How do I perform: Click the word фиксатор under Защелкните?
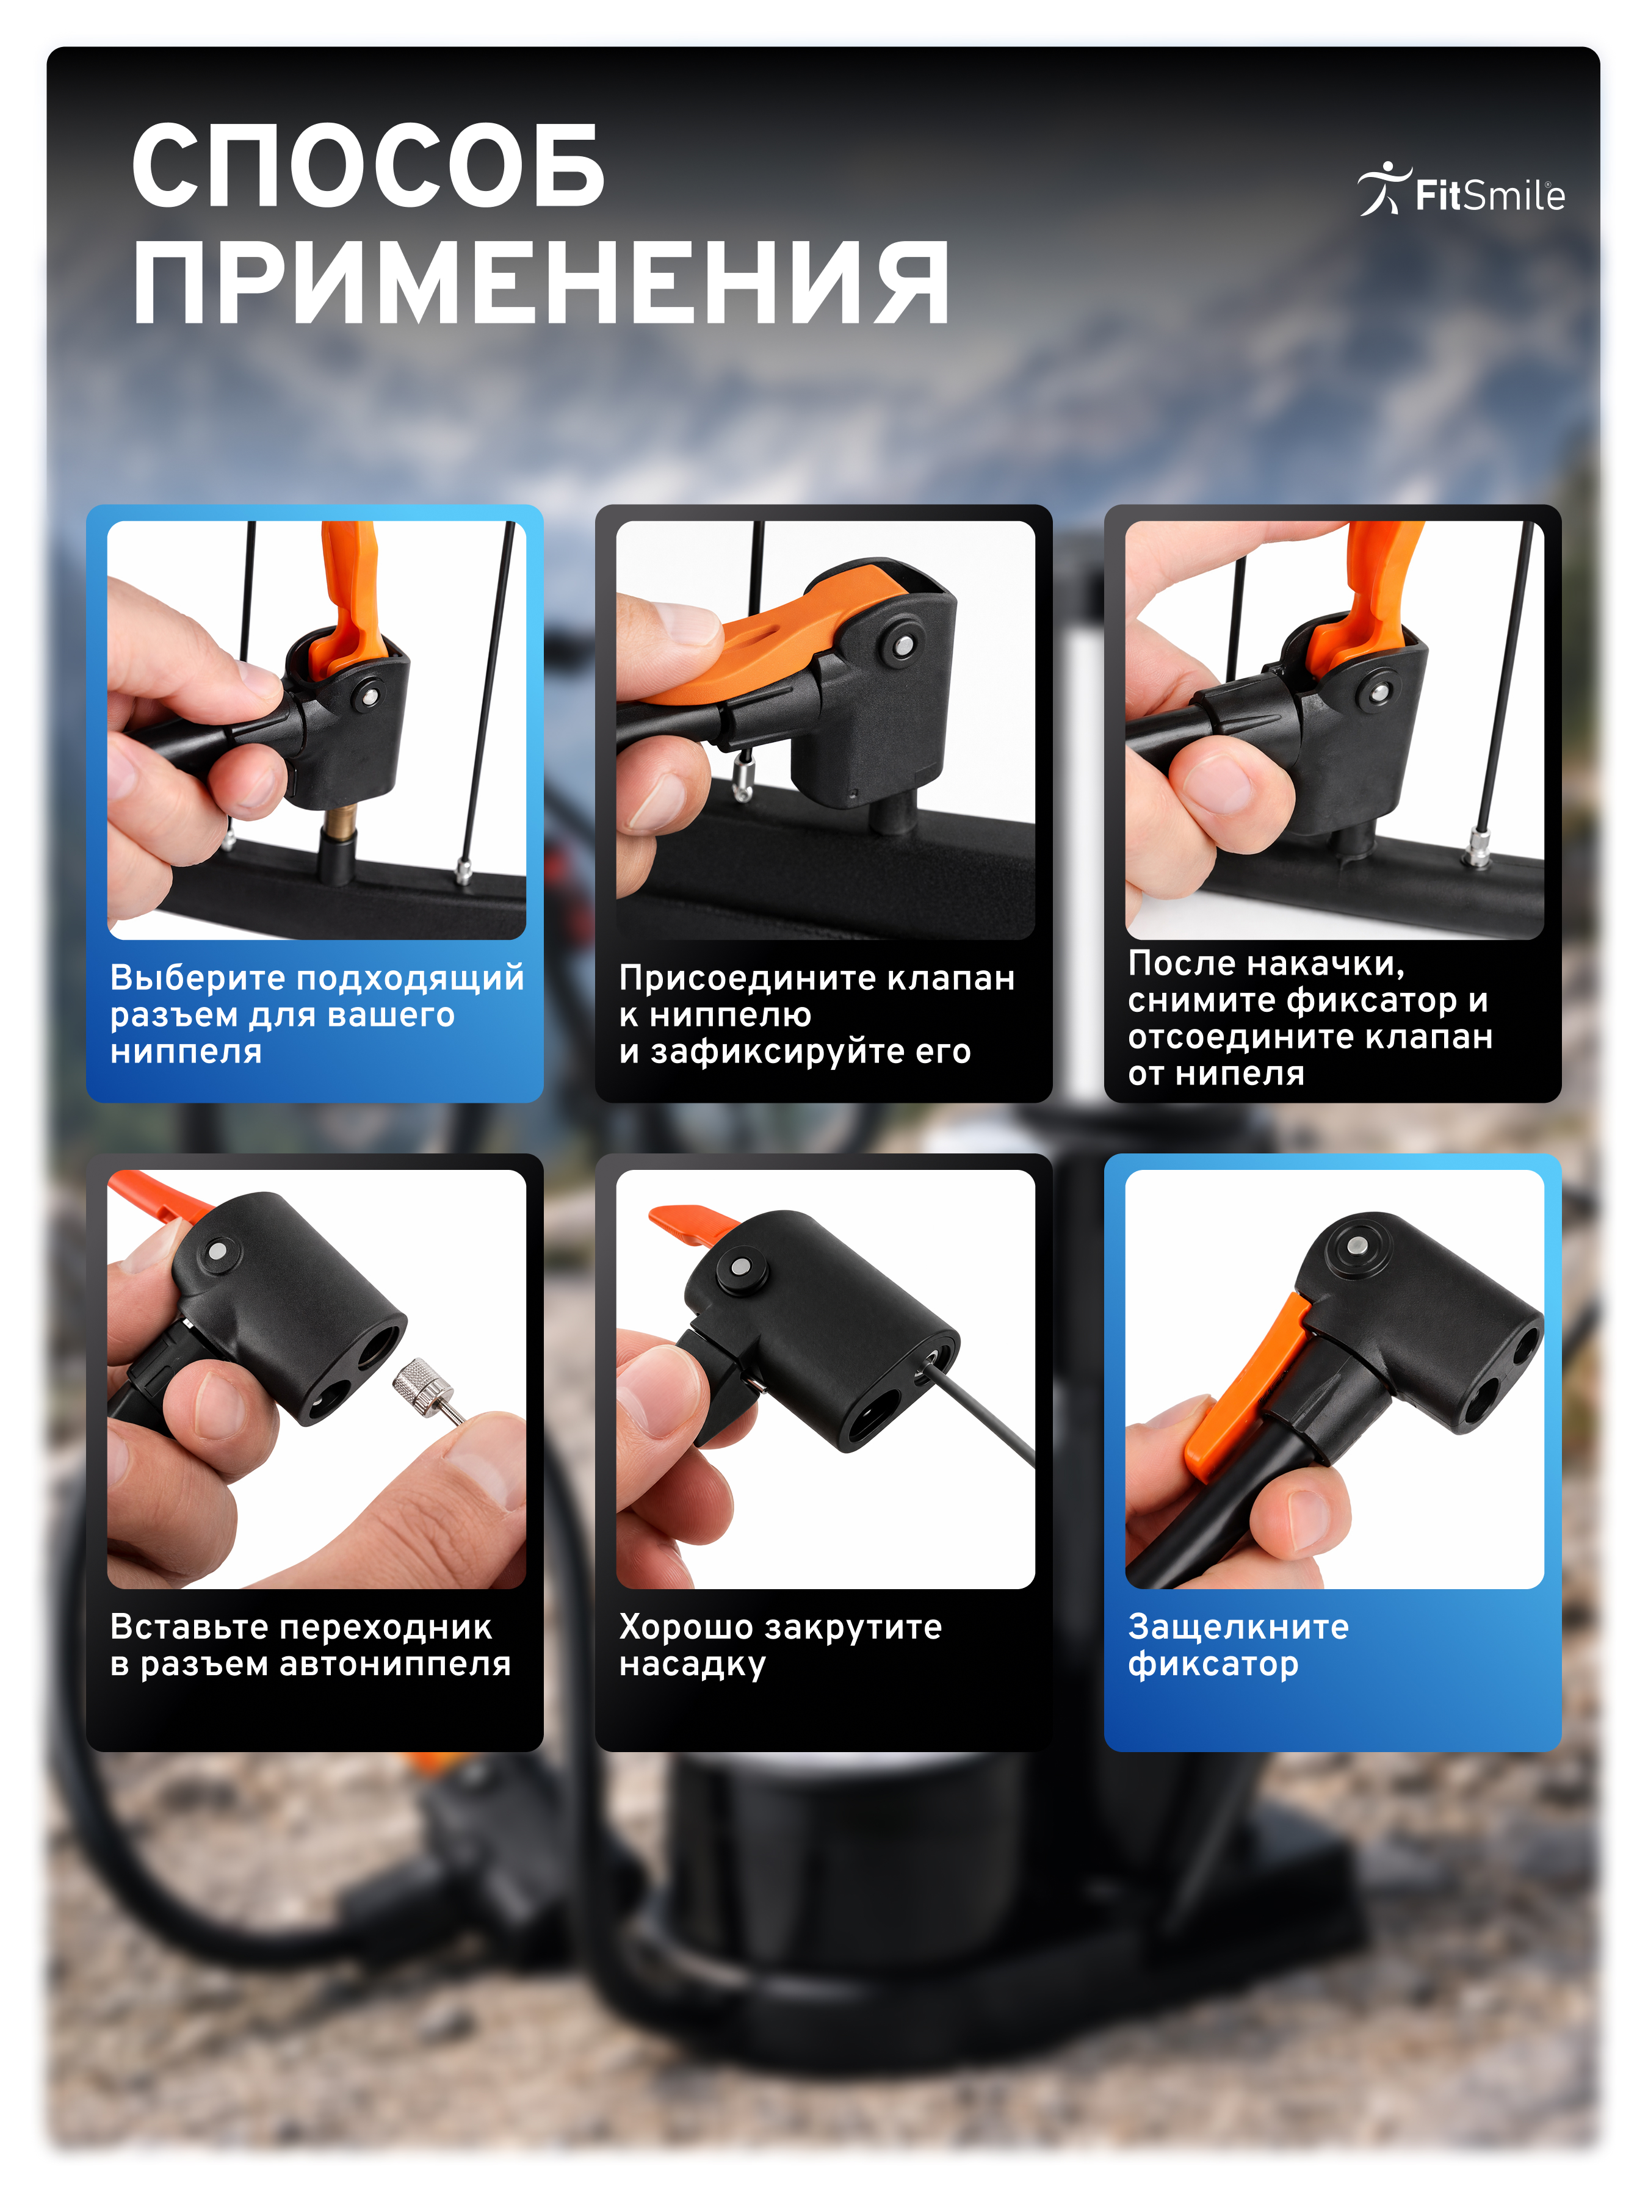tap(1212, 1664)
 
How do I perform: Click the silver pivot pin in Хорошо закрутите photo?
tap(740, 1266)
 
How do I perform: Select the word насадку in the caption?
tap(692, 1664)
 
